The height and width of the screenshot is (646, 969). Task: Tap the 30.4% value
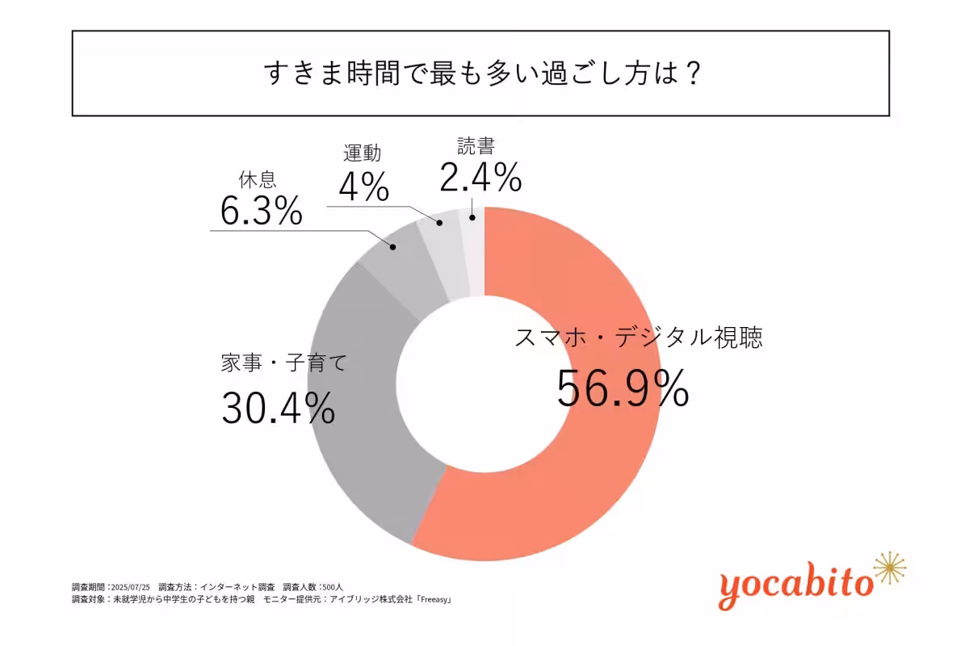[278, 408]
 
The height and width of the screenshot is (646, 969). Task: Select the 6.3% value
[261, 212]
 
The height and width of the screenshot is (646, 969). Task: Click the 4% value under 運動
[363, 187]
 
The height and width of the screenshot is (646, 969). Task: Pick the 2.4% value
[480, 178]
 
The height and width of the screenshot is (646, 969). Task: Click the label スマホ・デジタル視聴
[638, 338]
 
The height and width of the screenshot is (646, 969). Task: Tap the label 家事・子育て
[283, 363]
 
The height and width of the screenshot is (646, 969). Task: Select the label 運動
[361, 153]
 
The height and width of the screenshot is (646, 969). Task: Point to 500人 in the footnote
[334, 586]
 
